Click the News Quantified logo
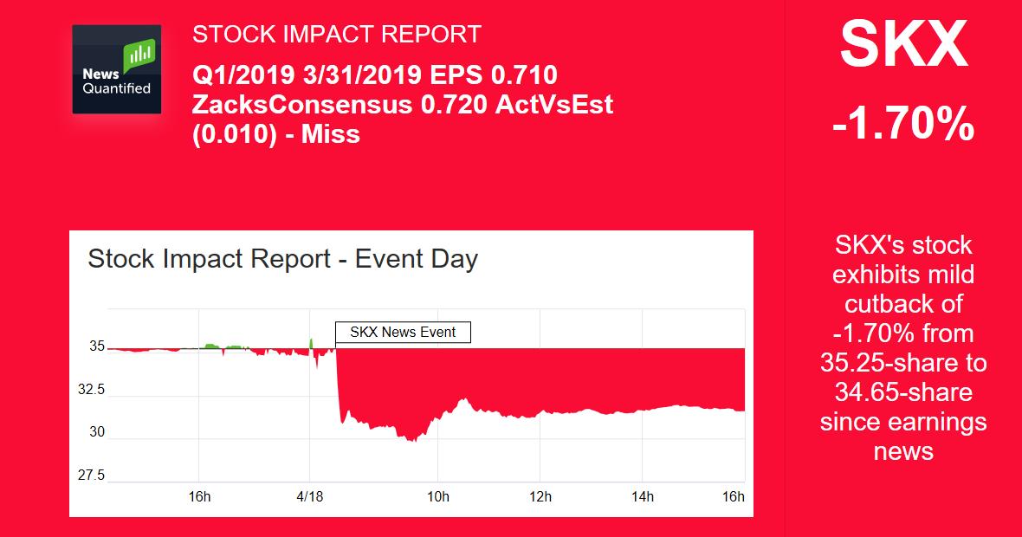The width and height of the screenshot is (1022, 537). tap(117, 69)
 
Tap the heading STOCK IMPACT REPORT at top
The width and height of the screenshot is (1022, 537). tap(336, 35)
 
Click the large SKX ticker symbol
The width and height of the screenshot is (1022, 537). tap(903, 44)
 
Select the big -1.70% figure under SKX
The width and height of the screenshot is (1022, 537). tap(903, 124)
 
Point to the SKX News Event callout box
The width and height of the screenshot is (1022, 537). tap(403, 333)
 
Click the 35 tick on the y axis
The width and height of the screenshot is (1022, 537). tap(97, 346)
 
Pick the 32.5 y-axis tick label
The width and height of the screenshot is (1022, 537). tap(91, 390)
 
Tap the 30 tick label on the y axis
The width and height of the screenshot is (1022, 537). tap(97, 432)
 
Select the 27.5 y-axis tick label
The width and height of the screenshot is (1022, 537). tap(91, 476)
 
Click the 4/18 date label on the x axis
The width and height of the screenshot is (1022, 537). tap(309, 496)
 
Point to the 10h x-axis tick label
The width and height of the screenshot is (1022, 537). tap(438, 496)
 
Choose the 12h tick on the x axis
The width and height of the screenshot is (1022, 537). tap(540, 496)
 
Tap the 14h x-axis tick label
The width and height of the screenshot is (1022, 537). tap(643, 496)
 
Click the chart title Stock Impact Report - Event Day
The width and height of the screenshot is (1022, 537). tap(283, 259)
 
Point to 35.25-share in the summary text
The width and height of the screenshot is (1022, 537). tap(903, 363)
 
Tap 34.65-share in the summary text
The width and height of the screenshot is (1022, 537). tap(903, 392)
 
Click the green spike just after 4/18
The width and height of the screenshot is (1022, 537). tap(311, 344)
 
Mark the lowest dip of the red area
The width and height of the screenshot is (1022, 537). tap(411, 441)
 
